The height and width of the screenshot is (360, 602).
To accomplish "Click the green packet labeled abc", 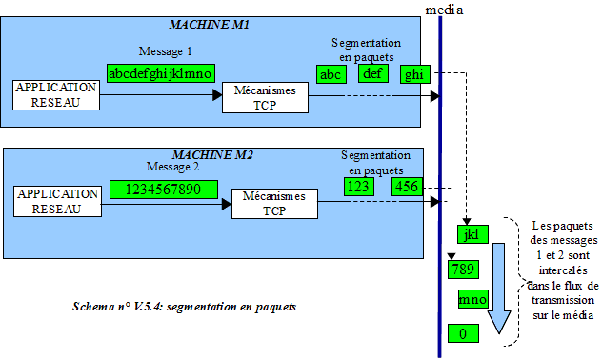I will pos(331,74).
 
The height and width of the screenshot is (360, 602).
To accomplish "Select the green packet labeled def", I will pos(372,74).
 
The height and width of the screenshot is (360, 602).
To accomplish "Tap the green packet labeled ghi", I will pos(414,74).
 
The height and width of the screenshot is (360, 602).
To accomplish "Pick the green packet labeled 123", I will pos(357,188).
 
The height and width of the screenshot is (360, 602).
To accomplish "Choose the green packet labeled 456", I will pos(406,188).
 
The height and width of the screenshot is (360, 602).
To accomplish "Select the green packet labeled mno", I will pos(472,300).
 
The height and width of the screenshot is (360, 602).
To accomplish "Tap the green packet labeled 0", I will pos(463,333).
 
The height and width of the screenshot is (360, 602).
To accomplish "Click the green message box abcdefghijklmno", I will pos(159,72).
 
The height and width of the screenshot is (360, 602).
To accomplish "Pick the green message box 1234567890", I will pos(164,189).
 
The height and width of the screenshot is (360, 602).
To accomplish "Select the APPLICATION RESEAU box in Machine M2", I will pos(56,201).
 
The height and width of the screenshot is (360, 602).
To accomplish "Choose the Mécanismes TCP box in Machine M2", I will pos(273,204).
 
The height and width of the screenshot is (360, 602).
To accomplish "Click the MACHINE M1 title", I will pos(209,22).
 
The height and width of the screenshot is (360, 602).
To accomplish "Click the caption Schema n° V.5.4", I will pos(184,307).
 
